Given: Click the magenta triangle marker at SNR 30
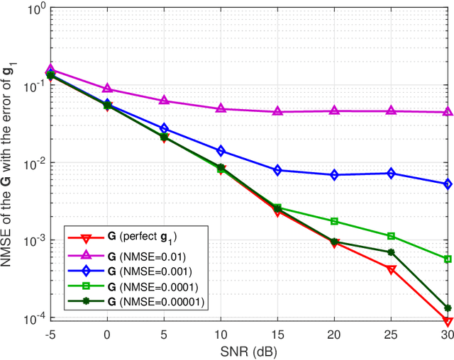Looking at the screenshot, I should click(448, 112).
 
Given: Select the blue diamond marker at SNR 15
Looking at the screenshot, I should click(277, 170).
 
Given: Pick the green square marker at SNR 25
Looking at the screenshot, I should click(391, 236).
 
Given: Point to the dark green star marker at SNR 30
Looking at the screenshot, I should click(448, 308).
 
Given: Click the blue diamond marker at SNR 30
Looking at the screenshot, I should click(448, 184).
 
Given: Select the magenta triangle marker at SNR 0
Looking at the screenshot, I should click(107, 89).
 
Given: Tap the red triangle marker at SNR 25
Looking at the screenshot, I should click(391, 269).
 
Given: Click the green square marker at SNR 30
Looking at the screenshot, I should click(448, 259).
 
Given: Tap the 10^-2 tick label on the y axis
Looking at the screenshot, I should click(30, 164).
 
